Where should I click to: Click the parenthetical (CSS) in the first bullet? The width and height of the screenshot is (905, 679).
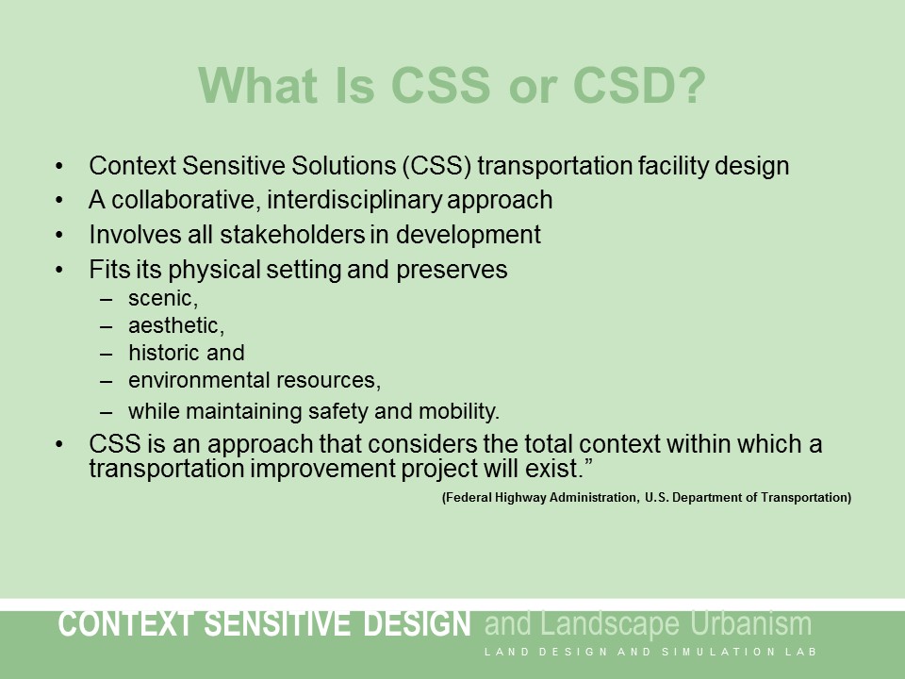[x=438, y=166]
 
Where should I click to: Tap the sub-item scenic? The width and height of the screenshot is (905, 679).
[x=162, y=298]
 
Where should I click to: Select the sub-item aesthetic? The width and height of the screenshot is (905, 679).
[x=176, y=325]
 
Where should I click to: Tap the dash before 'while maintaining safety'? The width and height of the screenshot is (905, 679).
[x=107, y=411]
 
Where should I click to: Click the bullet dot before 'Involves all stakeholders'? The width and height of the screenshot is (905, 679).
[x=60, y=234]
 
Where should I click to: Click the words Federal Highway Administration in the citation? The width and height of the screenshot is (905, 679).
[x=537, y=497]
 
